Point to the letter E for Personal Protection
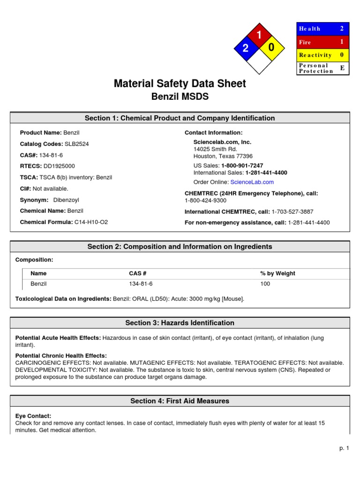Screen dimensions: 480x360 [342, 68]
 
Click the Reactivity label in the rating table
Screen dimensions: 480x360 [315, 55]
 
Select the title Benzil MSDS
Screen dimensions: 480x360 [180, 97]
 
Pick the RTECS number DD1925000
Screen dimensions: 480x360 [59, 166]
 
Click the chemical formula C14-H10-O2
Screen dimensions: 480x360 [91, 222]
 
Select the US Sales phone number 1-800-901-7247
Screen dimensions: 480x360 [242, 165]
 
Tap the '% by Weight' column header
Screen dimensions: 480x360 [277, 273]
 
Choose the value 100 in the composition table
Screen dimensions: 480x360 [265, 284]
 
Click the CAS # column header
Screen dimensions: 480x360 [138, 273]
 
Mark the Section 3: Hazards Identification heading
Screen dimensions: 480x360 [180, 322]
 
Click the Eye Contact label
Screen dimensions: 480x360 [33, 416]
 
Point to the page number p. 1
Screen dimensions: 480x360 [345, 449]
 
